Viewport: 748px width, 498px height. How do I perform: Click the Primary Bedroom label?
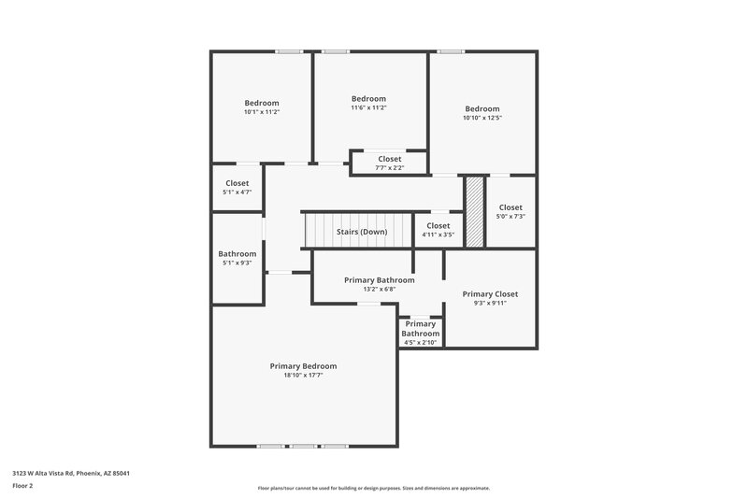(x=303, y=366)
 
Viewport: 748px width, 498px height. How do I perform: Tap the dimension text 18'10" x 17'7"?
(x=303, y=376)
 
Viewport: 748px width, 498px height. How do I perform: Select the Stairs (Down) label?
(x=362, y=231)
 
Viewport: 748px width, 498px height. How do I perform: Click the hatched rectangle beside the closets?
(x=475, y=212)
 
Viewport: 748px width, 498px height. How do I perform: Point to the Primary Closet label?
(x=490, y=293)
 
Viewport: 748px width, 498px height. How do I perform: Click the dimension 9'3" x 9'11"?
(x=490, y=303)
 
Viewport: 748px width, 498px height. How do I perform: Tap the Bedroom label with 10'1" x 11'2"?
(x=262, y=103)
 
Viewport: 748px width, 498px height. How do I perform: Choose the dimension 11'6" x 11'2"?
(x=368, y=107)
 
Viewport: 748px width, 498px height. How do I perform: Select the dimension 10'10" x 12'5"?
(x=482, y=118)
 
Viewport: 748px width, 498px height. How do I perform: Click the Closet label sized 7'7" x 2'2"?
(x=390, y=159)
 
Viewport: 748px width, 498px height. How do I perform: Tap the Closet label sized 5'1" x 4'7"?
(x=237, y=183)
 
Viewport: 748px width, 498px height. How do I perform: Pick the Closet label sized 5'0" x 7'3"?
(x=511, y=207)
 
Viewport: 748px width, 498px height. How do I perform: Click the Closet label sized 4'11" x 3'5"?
(x=439, y=225)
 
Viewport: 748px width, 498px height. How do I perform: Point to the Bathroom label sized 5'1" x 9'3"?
(x=237, y=253)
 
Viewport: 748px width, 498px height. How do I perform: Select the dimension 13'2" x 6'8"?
(x=379, y=290)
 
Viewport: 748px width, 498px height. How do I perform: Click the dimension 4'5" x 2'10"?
(x=421, y=343)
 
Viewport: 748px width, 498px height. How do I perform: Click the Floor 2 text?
(x=23, y=486)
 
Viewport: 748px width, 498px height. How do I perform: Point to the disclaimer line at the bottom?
(x=373, y=488)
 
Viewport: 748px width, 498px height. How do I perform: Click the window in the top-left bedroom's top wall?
(x=288, y=51)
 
